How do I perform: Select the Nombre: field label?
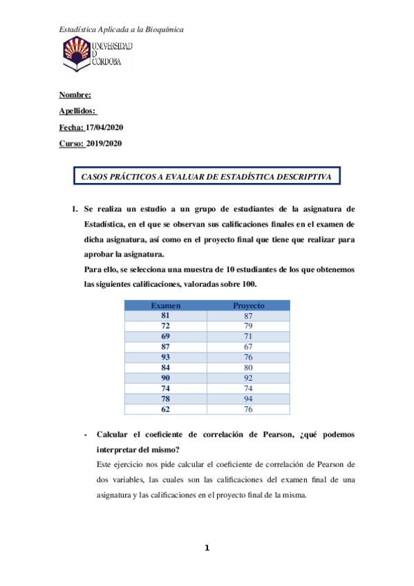pos(75,96)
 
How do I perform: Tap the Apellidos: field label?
pos(77,112)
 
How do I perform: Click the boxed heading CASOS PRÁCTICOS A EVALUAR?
pos(207,177)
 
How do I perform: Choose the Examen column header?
pos(165,305)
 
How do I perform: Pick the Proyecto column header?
pos(248,305)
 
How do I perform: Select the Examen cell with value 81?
pos(165,315)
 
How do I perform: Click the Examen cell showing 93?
pos(165,357)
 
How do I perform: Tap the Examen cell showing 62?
pos(165,409)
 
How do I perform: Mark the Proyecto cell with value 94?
pos(248,399)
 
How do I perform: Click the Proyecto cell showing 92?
pos(248,378)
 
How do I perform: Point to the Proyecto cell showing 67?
pos(248,346)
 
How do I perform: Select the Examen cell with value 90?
pos(165,378)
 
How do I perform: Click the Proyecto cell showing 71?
pos(248,336)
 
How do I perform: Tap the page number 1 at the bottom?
pos(207,549)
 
